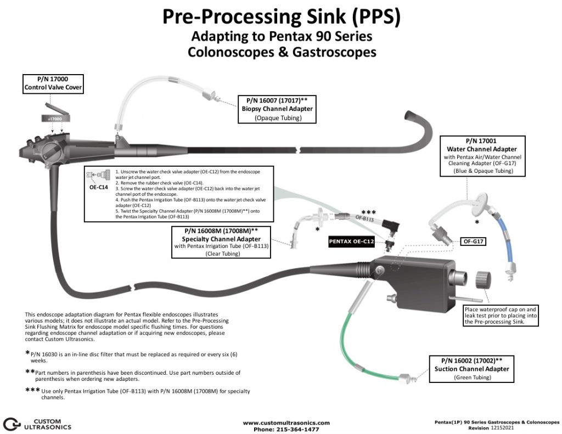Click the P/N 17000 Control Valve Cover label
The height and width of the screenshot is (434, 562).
pyautogui.click(x=53, y=83)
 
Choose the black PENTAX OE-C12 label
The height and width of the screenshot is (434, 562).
pyautogui.click(x=351, y=241)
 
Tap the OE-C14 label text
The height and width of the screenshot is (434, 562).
pyautogui.click(x=98, y=187)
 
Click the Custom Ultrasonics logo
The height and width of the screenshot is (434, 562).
pyautogui.click(x=37, y=423)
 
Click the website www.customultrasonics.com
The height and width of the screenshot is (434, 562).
pyautogui.click(x=286, y=422)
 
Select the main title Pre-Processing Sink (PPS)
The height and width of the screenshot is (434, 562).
pyautogui.click(x=281, y=18)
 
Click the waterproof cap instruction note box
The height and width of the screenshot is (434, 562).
pyautogui.click(x=501, y=315)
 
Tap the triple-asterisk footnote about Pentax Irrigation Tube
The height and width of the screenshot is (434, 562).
pyautogui.click(x=143, y=394)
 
